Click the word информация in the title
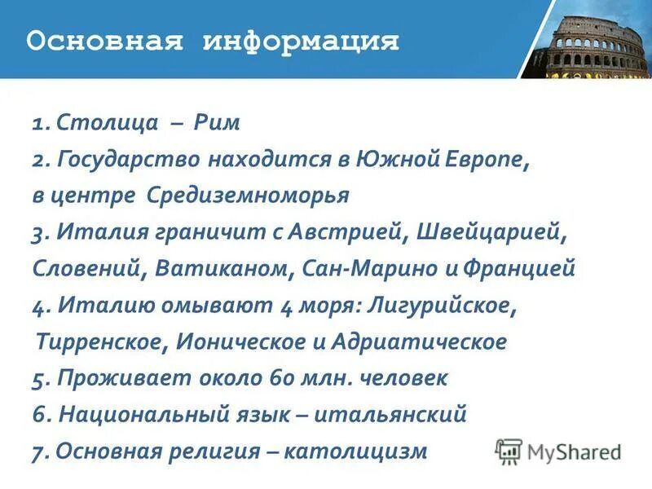pyautogui.click(x=301, y=41)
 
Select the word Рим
pyautogui.click(x=218, y=124)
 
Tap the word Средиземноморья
pyautogui.click(x=249, y=196)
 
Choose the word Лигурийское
pyautogui.click(x=443, y=306)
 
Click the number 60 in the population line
pyautogui.click(x=280, y=378)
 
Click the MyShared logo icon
pyautogui.click(x=509, y=451)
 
